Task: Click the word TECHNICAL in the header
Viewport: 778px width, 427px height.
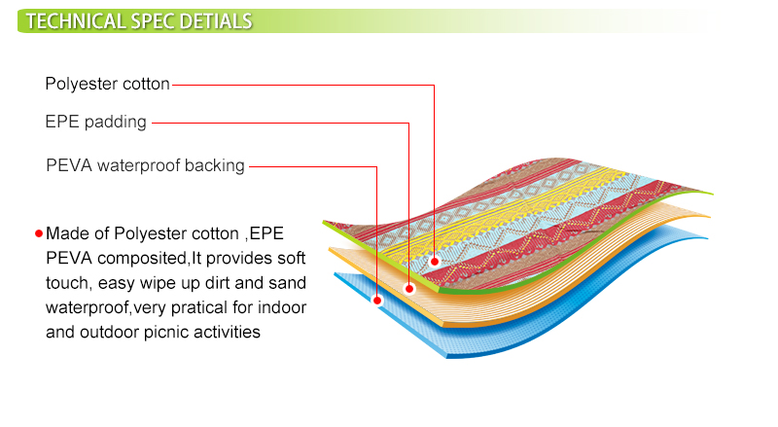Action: pyautogui.click(x=76, y=21)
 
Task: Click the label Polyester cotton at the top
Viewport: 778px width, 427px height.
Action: pyautogui.click(x=108, y=84)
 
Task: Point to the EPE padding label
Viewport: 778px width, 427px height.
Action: pyautogui.click(x=95, y=122)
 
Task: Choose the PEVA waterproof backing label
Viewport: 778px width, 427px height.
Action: pyautogui.click(x=145, y=165)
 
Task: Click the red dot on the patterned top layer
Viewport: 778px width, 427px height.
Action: pyautogui.click(x=435, y=262)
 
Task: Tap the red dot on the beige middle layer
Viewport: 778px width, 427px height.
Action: pyautogui.click(x=409, y=289)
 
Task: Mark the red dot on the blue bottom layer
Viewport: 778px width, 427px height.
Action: pyautogui.click(x=377, y=300)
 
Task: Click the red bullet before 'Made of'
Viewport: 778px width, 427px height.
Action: pyautogui.click(x=39, y=233)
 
